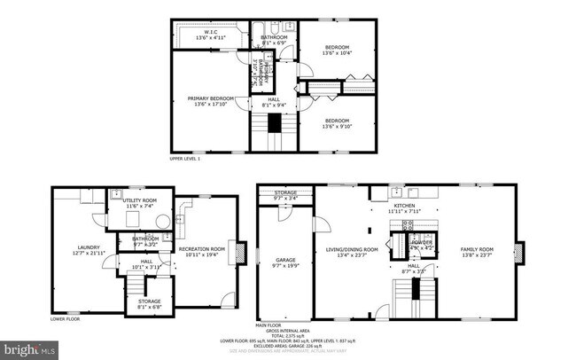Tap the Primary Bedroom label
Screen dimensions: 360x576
(210, 98)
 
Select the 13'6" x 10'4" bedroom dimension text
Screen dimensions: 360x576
(336, 53)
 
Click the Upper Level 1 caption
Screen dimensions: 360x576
(185, 160)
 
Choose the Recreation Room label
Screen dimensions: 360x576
(201, 249)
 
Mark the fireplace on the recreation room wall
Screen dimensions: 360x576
(235, 249)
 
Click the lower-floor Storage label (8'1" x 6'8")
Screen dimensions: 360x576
(149, 301)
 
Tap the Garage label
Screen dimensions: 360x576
(284, 260)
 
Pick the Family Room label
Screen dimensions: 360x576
(476, 250)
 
